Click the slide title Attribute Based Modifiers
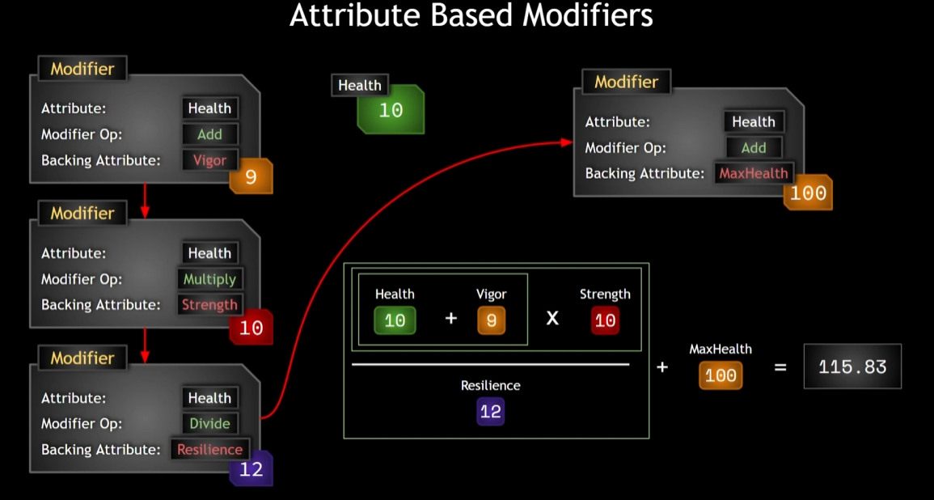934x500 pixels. click(x=471, y=16)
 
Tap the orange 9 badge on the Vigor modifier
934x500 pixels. click(x=251, y=176)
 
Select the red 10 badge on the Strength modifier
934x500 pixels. click(x=251, y=328)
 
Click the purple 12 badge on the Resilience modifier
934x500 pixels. click(x=251, y=469)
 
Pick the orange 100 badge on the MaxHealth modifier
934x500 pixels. click(x=808, y=193)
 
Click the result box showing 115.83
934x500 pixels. click(x=852, y=367)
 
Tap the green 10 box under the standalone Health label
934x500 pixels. click(x=391, y=110)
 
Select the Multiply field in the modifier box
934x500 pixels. click(x=209, y=279)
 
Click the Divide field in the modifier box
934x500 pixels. click(x=209, y=423)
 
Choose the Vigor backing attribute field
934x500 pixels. click(x=209, y=160)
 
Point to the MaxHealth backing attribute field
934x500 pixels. click(x=753, y=173)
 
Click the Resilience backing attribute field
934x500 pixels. click(x=209, y=449)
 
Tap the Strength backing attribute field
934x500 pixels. click(x=209, y=305)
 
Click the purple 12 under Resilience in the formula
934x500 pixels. click(x=490, y=411)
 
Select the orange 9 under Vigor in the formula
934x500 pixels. click(x=491, y=320)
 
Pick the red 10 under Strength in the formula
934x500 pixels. click(x=605, y=320)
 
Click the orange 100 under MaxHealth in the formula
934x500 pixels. click(x=721, y=375)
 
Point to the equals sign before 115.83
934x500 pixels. click(x=780, y=367)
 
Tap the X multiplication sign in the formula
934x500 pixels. click(x=552, y=318)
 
